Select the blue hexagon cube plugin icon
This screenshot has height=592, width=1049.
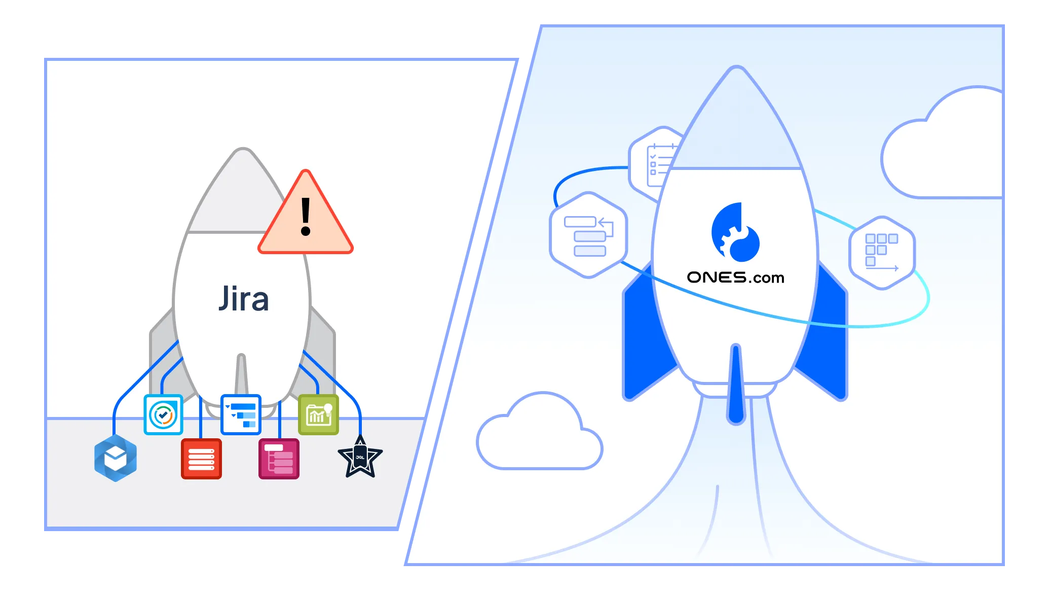[x=116, y=458]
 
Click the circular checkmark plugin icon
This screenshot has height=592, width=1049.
[x=163, y=414]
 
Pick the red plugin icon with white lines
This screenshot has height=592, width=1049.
[x=201, y=459]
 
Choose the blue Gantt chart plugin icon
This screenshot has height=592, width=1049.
[x=241, y=414]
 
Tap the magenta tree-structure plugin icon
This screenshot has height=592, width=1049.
[x=279, y=459]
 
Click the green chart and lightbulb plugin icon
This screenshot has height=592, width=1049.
[x=318, y=414]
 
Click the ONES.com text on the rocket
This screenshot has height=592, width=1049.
[x=735, y=277]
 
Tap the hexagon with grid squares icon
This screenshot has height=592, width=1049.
[x=882, y=253]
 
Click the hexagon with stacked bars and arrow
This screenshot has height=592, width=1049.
[x=588, y=235]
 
